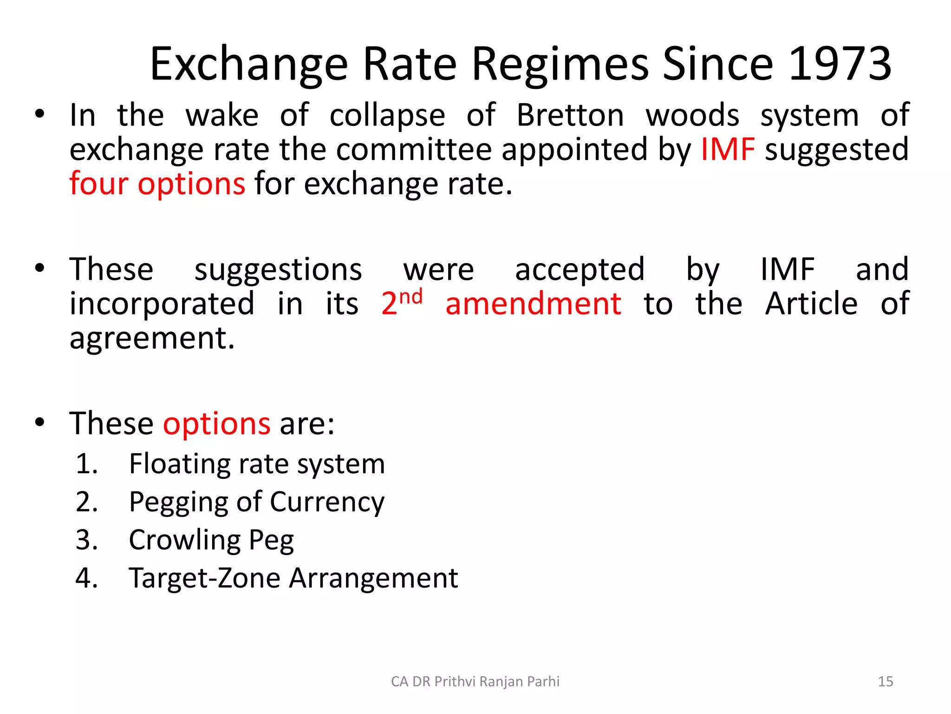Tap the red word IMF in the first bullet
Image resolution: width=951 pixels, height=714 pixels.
coord(727,150)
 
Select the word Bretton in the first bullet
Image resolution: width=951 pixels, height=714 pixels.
coord(570,115)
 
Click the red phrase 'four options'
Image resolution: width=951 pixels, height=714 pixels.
coord(157,184)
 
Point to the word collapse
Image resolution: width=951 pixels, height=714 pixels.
coord(387,115)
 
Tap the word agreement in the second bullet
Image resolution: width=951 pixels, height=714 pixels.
coord(152,338)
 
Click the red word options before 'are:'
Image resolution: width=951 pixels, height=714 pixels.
coord(216,423)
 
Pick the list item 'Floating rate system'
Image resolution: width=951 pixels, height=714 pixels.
coord(257,464)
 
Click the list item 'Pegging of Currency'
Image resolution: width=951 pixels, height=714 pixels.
coord(257,502)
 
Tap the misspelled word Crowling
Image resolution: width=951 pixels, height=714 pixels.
coord(184,540)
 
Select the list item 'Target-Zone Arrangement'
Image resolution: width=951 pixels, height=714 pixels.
coord(293,578)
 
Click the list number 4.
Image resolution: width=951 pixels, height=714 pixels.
coord(86,578)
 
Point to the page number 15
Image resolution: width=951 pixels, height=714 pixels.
coord(886,681)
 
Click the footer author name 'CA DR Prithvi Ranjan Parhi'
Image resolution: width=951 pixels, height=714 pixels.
coord(475,681)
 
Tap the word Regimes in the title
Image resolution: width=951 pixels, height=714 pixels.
coord(560,64)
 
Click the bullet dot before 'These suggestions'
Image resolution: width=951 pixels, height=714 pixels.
coord(40,268)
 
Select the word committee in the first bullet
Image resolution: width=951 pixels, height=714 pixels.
coord(414,150)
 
